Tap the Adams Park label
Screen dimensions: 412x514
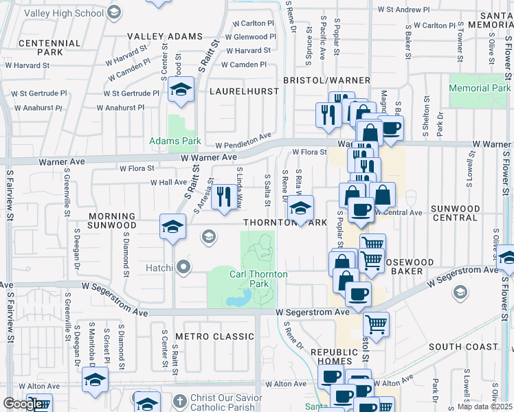175,141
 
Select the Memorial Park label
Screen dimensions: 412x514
480,88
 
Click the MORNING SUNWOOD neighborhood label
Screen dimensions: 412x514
112,220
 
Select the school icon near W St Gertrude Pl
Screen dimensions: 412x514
181,90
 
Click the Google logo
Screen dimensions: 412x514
22,404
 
